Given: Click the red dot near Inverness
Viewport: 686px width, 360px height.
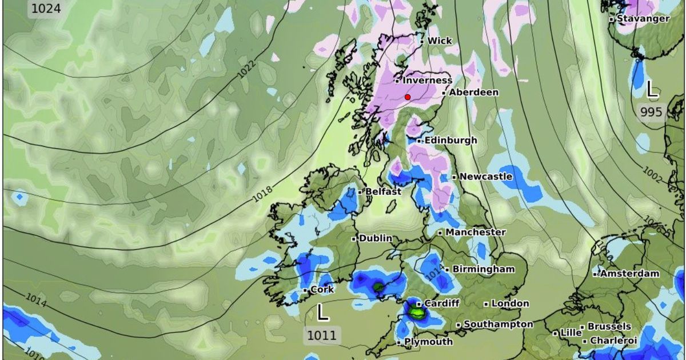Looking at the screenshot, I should point(408,97).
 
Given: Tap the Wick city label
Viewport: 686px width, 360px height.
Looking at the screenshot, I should point(439,41).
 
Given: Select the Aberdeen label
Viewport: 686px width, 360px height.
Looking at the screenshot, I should point(473,92).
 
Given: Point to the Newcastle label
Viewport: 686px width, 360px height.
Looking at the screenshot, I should point(485,177).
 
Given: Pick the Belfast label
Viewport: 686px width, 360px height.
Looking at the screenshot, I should point(383,192).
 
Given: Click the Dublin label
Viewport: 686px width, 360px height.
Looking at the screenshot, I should point(375,238).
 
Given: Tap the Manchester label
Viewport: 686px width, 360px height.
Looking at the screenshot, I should point(475,233).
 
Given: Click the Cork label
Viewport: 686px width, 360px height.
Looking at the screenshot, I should point(322,290).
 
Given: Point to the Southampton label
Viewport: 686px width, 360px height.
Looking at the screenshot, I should point(498,324).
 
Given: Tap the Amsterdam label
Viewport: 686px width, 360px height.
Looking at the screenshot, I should point(629,274).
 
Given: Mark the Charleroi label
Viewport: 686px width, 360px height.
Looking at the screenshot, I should point(613,341).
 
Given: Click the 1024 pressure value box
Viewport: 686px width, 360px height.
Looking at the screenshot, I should point(45,9).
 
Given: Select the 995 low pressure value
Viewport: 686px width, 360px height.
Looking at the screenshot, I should point(651,112).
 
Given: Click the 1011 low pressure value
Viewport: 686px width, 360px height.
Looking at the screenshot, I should point(322,335).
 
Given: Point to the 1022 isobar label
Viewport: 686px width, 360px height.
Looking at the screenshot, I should point(246,69).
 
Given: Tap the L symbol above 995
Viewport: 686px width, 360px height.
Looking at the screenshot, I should point(652,89).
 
